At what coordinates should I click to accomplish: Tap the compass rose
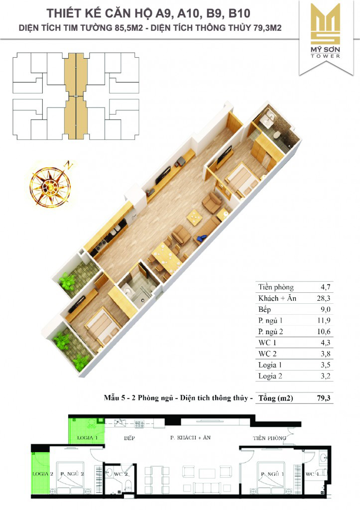pyautogui.click(x=50, y=185)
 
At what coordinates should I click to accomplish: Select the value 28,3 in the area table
pyautogui.click(x=324, y=298)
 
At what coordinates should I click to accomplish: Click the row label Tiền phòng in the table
pyautogui.click(x=276, y=287)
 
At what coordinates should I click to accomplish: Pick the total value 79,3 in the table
pyautogui.click(x=324, y=398)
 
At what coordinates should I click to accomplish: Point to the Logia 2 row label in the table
pyautogui.click(x=270, y=376)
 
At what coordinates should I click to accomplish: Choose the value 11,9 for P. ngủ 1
pyautogui.click(x=324, y=320)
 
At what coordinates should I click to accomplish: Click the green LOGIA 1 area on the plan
pyautogui.click(x=87, y=431)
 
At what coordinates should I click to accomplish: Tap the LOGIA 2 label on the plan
pyautogui.click(x=43, y=474)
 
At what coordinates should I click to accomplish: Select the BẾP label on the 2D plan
pyautogui.click(x=129, y=438)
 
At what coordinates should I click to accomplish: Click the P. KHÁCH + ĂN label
pyautogui.click(x=190, y=438)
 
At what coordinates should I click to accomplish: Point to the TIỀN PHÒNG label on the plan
pyautogui.click(x=269, y=438)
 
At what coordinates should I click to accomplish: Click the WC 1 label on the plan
pyautogui.click(x=312, y=474)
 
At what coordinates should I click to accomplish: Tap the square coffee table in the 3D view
pyautogui.click(x=195, y=217)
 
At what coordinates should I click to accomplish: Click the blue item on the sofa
pyautogui.click(x=202, y=238)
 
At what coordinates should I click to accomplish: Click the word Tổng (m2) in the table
pyautogui.click(x=275, y=398)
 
